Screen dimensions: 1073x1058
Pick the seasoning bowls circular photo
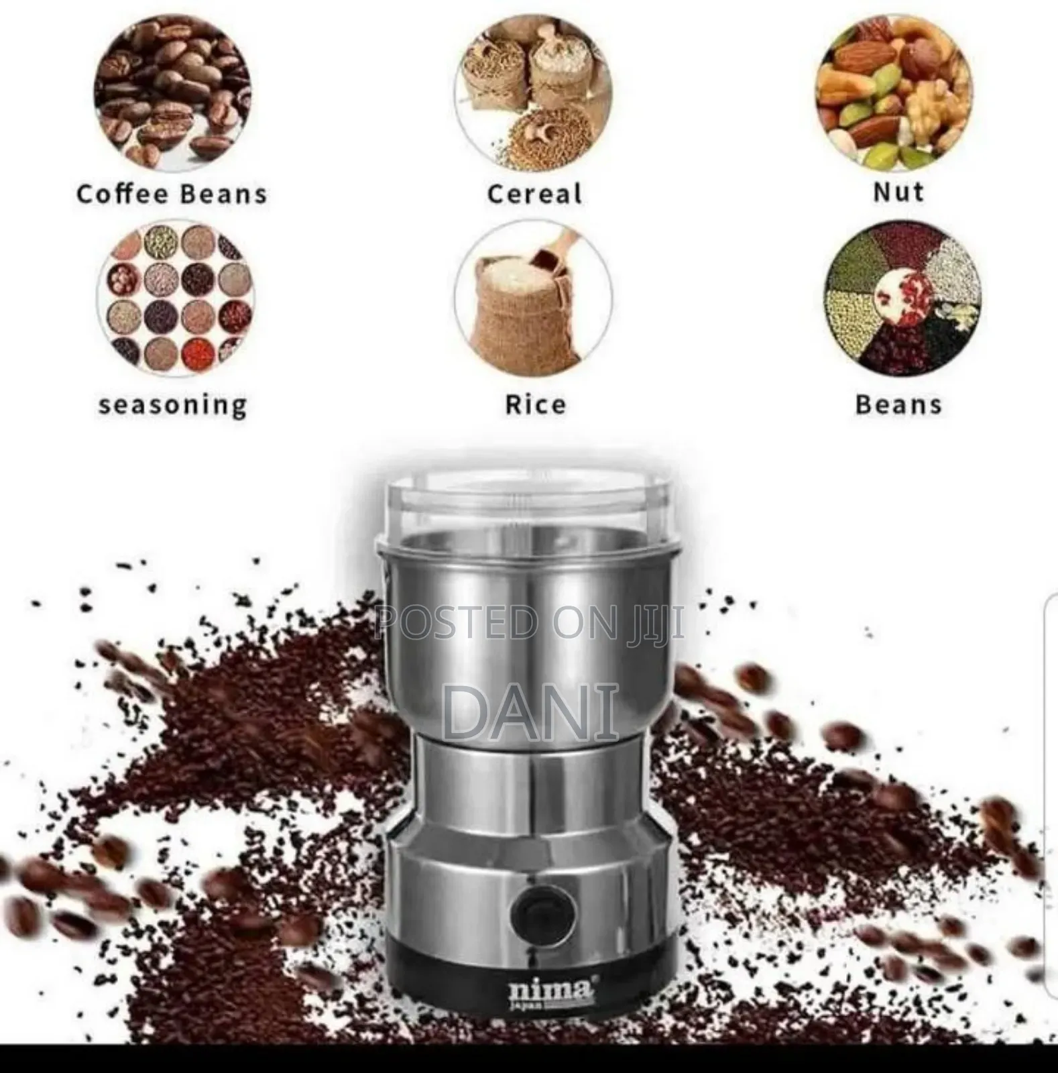click(176, 299)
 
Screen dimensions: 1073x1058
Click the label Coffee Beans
click(172, 194)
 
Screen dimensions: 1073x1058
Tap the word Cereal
click(534, 194)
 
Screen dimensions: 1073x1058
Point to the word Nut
click(898, 192)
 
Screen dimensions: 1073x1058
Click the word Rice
click(535, 405)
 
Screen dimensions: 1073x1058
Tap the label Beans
click(898, 405)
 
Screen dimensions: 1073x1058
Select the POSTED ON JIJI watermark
click(530, 622)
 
